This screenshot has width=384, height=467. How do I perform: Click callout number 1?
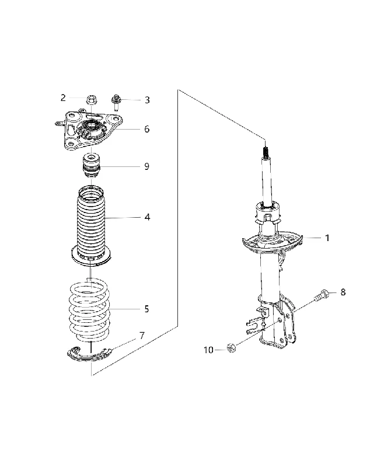pos(327,238)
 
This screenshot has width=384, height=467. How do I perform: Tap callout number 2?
pos(63,97)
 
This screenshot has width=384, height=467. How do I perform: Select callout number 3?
pos(147,100)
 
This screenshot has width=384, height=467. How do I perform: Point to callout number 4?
pos(147,217)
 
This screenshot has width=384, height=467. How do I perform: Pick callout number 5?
pos(146,309)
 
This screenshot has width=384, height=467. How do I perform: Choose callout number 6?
pos(146,129)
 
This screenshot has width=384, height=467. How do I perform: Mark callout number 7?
pos(142,336)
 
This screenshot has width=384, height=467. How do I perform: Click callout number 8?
pos(343,292)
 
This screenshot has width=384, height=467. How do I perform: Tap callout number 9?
pos(146,166)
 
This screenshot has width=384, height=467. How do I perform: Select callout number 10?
pos(209,350)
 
